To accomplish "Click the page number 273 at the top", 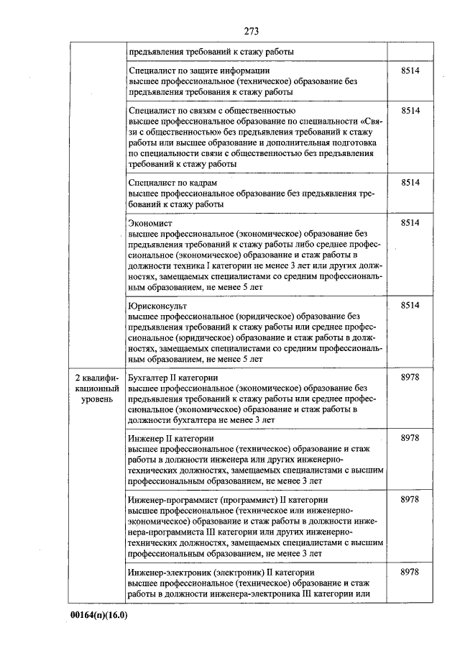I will point(251,31).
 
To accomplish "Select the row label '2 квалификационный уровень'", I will point(96,388).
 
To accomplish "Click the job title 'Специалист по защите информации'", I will point(199,71).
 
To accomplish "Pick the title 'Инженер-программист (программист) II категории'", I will point(228,499).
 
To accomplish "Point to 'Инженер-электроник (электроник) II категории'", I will point(221,571).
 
